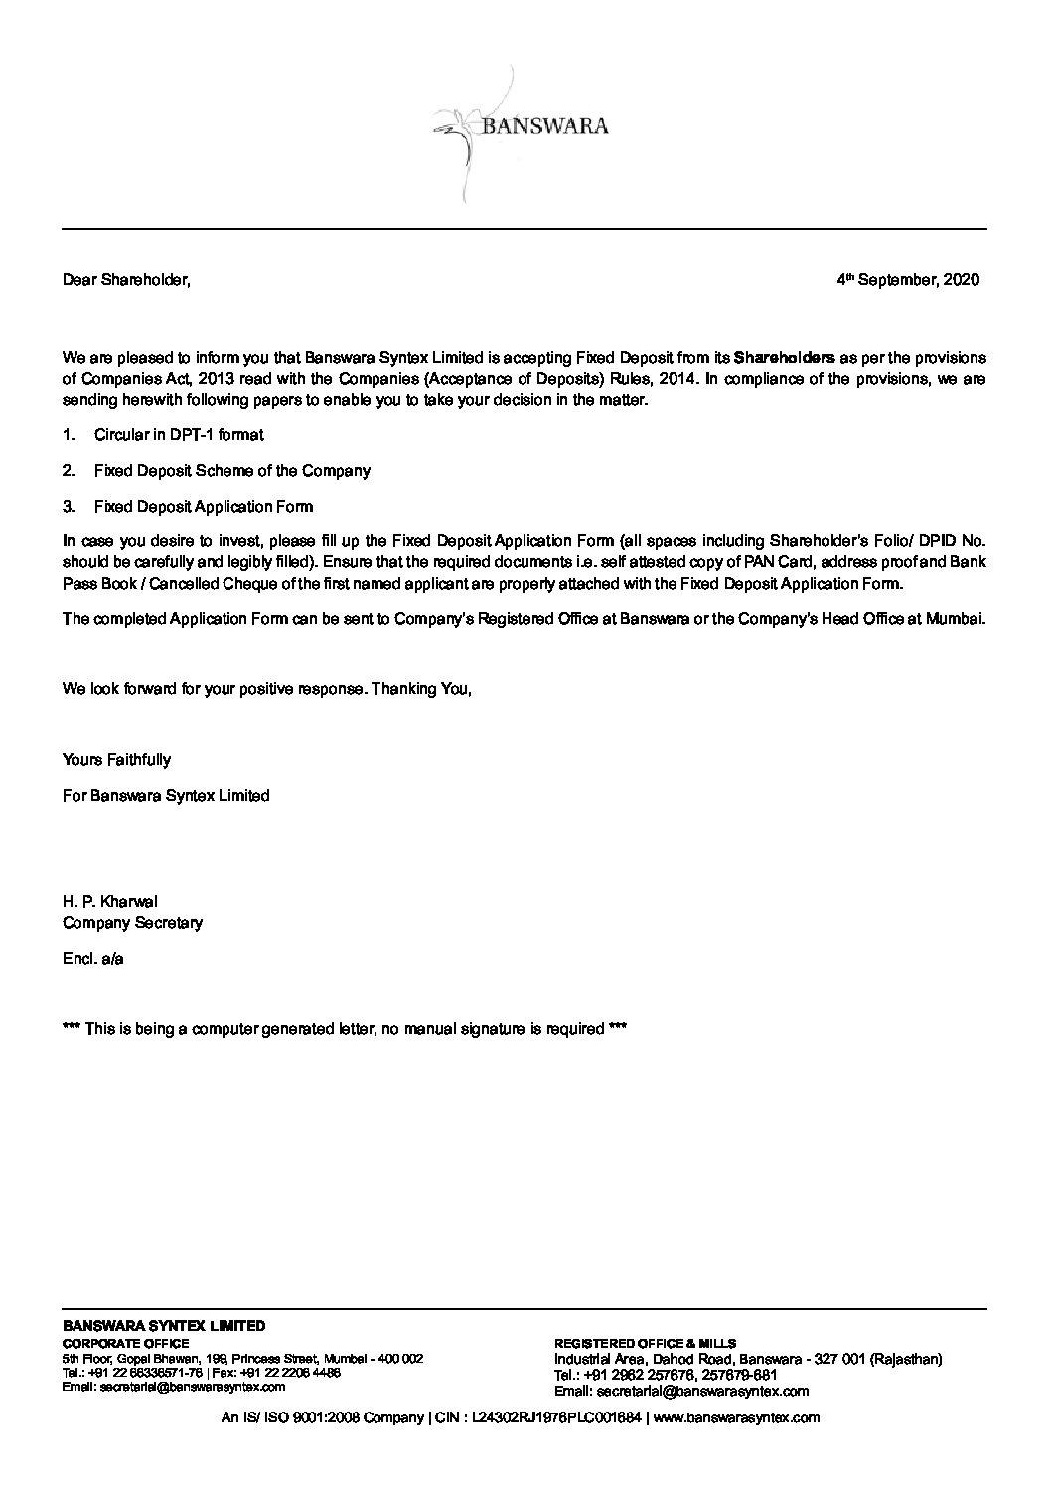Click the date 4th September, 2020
point(908,280)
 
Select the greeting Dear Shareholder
point(125,280)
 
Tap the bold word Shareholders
point(784,357)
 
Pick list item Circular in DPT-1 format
point(179,435)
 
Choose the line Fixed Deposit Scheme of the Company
point(231,471)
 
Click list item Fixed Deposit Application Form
point(203,507)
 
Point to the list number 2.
point(68,471)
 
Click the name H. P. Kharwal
point(109,902)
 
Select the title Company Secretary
point(132,923)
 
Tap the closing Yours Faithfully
point(116,760)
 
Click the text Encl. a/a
point(92,959)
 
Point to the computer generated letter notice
point(344,1029)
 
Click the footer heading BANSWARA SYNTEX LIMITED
point(164,1325)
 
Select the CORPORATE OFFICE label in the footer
point(125,1343)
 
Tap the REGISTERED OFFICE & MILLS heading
point(645,1343)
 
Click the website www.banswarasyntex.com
point(737,1418)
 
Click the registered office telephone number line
point(665,1375)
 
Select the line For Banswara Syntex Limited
point(166,796)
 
